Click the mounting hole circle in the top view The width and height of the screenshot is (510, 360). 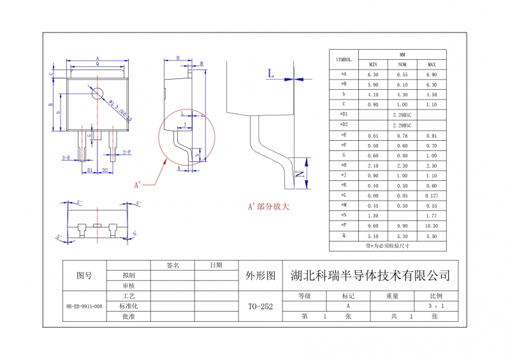98,93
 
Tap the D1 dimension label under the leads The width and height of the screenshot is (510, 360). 90,171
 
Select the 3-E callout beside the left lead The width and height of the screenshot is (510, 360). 66,157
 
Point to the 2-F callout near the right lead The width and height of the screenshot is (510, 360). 127,152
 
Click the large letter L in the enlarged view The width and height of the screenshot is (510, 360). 271,74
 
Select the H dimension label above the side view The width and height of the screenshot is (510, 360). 178,58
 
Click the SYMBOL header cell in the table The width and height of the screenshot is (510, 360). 344,59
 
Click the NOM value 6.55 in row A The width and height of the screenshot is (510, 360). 402,75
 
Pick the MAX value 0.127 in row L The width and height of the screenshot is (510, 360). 432,194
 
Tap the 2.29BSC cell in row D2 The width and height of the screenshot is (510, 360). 402,124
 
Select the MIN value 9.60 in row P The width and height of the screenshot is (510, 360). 373,225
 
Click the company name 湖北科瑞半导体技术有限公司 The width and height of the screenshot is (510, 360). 370,276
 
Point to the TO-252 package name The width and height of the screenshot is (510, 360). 260,306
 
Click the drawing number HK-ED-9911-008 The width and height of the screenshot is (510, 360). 84,306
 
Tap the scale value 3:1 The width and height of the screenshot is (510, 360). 435,306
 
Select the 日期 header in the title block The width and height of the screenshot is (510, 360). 217,265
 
